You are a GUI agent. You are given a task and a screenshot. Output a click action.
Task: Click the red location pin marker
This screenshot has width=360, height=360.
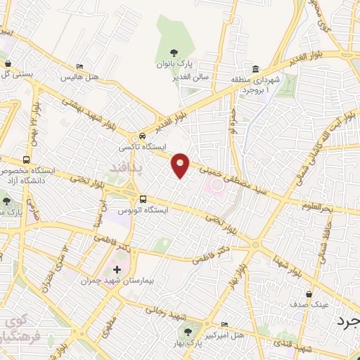181,165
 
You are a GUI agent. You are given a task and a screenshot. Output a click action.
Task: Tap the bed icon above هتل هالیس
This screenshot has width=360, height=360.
80,65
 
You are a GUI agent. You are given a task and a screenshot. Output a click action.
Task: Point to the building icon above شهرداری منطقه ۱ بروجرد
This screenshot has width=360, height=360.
255,69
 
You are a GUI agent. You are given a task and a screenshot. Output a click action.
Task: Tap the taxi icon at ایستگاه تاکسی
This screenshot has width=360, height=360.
143,136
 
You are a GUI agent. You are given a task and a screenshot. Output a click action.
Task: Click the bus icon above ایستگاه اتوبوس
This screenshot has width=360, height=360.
143,199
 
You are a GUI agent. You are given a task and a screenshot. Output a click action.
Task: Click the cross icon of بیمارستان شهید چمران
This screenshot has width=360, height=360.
117,269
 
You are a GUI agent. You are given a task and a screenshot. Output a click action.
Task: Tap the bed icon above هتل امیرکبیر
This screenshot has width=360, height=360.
224,324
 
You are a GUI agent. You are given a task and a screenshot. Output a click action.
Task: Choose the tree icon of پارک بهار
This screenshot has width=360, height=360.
188,328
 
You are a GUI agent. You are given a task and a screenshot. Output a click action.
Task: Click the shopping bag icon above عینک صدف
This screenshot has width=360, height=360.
308,294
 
